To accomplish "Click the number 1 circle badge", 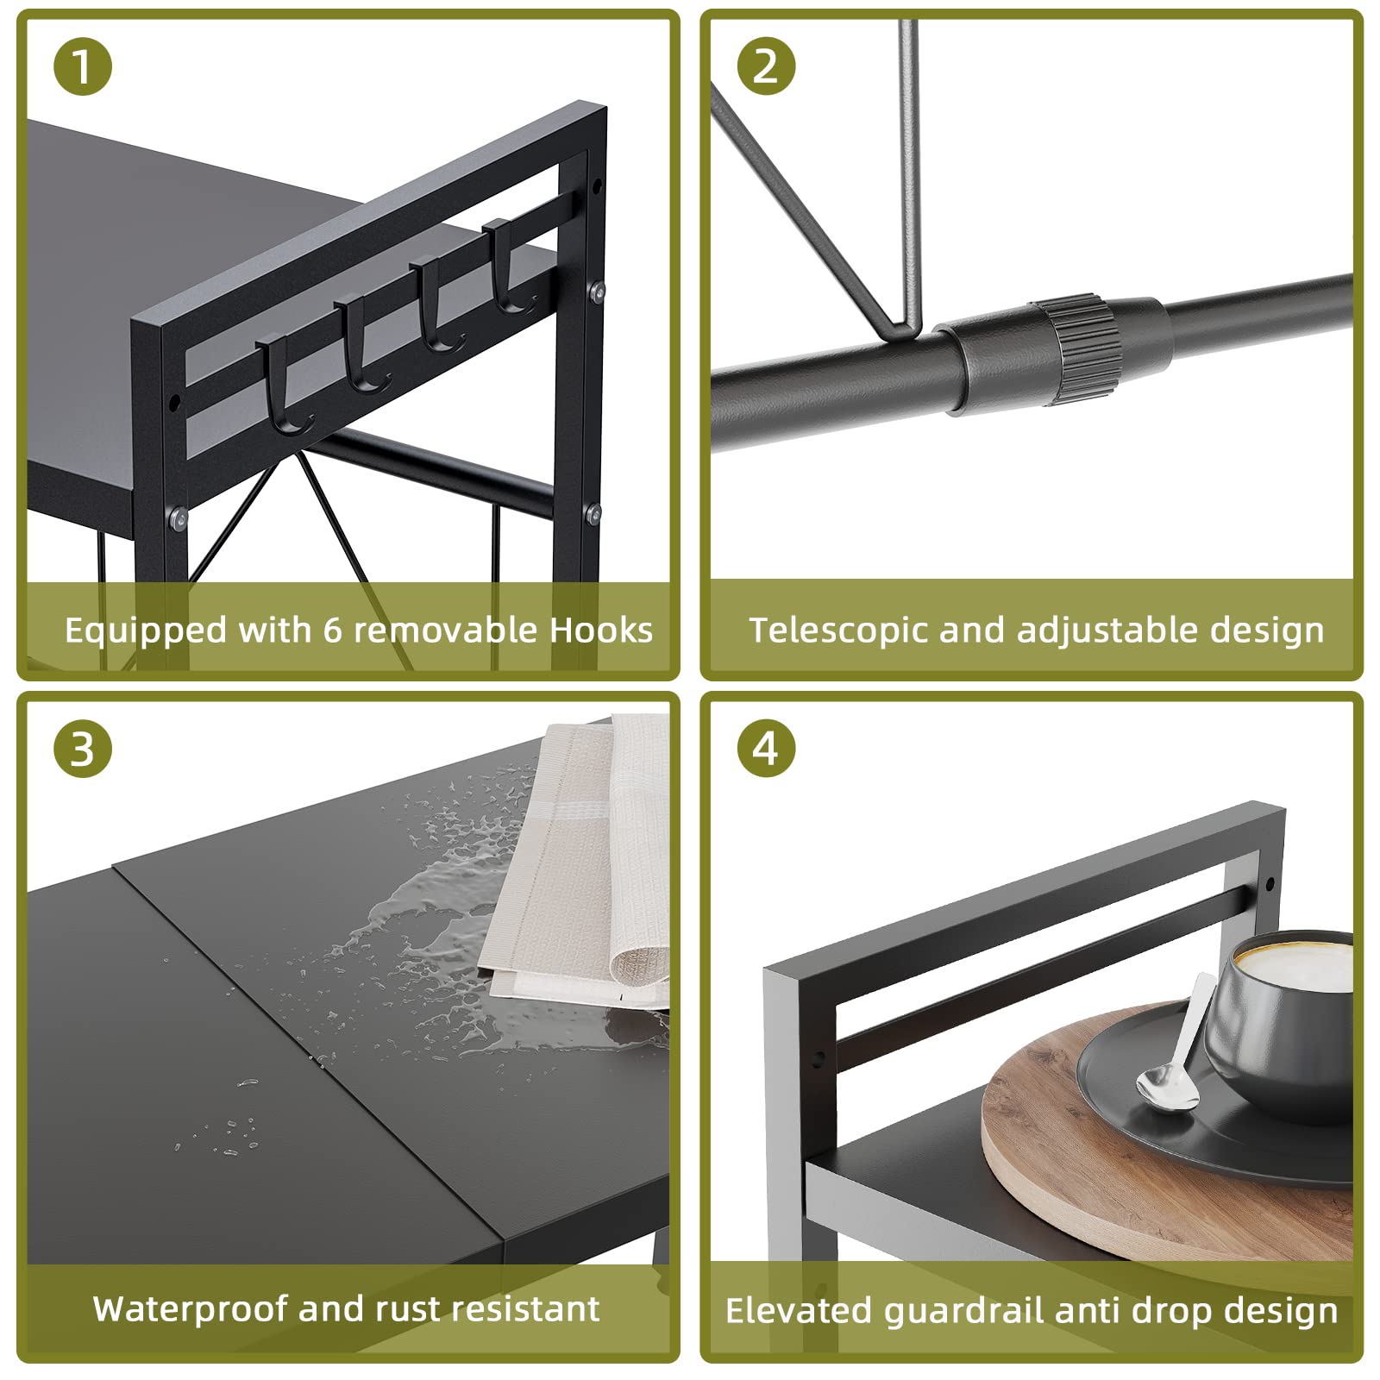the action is pos(83,66).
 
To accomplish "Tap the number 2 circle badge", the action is pos(766,66).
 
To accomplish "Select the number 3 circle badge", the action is pos(83,748).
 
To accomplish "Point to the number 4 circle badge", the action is pos(766,748).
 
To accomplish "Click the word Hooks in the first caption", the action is pos(601,630).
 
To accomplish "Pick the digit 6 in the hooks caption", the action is pos(333,630).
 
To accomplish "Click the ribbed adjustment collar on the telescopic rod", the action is pos(1076,350).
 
